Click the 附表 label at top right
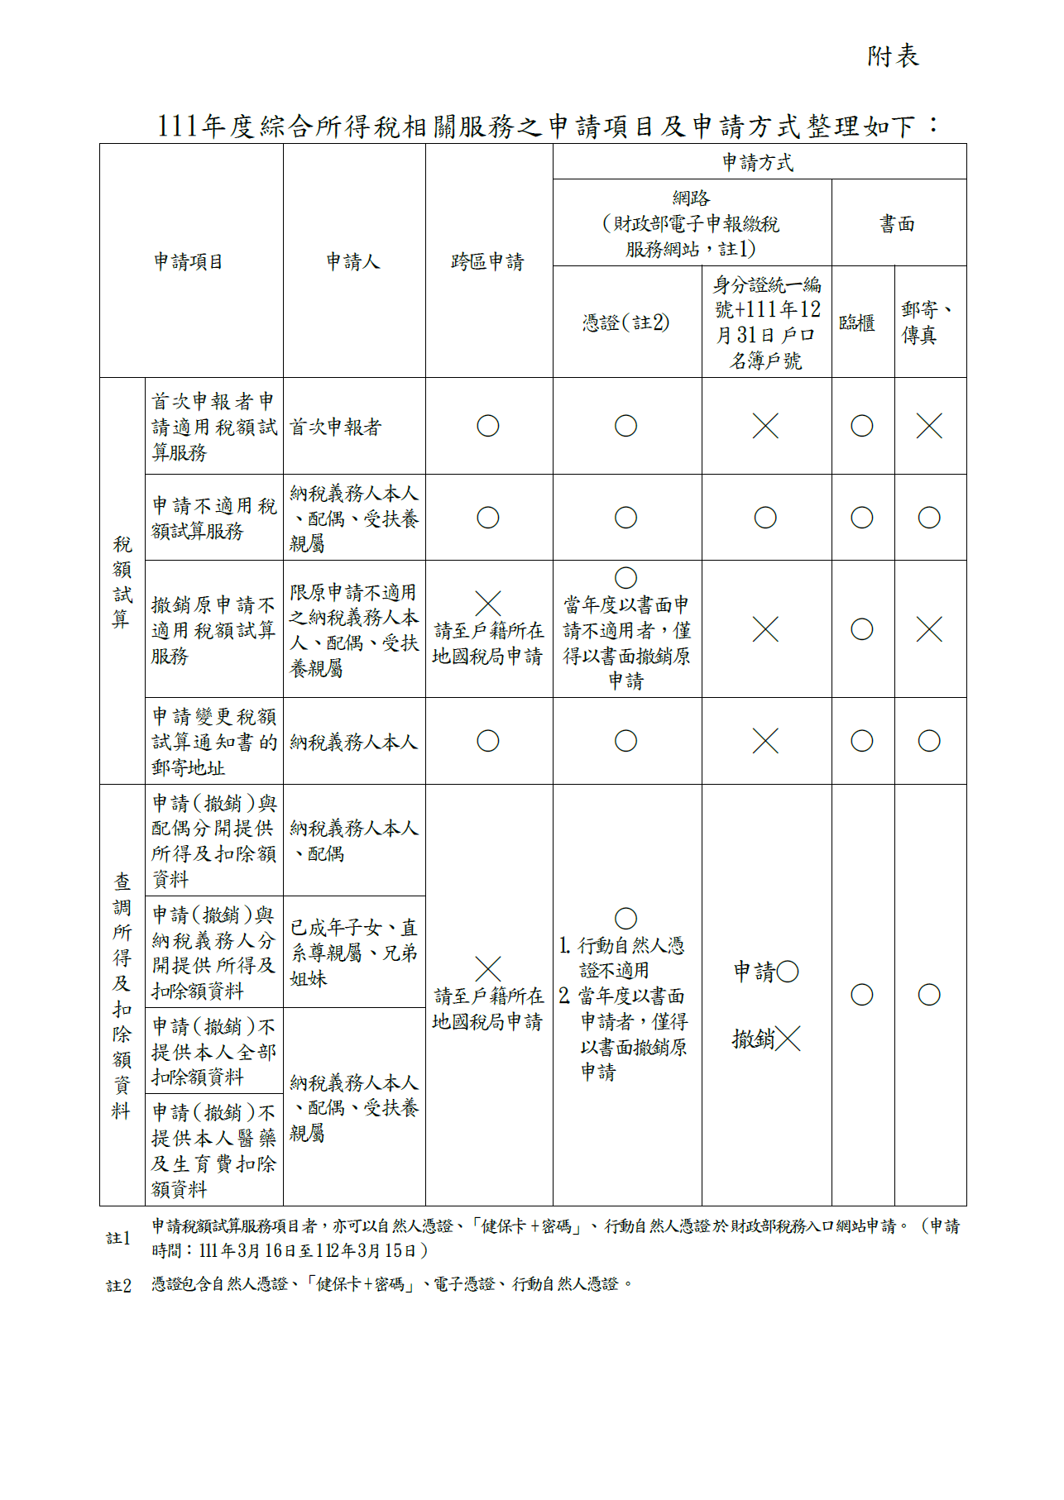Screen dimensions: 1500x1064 click(893, 56)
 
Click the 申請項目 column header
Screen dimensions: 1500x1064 click(189, 262)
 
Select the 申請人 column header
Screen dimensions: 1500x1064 click(353, 262)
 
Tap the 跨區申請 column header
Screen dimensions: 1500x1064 click(488, 262)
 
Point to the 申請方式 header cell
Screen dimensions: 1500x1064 click(758, 162)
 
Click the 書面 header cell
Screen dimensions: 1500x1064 click(898, 223)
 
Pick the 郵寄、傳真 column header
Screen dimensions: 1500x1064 click(927, 322)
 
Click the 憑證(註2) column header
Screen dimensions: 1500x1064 click(626, 322)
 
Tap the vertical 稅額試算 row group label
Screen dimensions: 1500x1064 click(122, 581)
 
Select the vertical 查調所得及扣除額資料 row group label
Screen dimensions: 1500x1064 click(122, 996)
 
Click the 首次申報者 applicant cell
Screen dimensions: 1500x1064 click(336, 427)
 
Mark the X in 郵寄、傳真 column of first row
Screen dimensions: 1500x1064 click(929, 427)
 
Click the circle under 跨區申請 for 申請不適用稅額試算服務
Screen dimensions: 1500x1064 click(488, 518)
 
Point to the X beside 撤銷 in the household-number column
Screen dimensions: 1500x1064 click(788, 1039)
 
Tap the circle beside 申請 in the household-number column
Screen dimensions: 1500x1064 click(788, 972)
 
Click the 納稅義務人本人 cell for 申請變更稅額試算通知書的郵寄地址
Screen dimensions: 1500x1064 click(354, 742)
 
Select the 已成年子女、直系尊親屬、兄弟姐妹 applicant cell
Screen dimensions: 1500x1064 click(354, 953)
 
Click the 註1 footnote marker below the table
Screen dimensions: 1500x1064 click(119, 1238)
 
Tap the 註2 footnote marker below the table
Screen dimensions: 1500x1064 click(119, 1285)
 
